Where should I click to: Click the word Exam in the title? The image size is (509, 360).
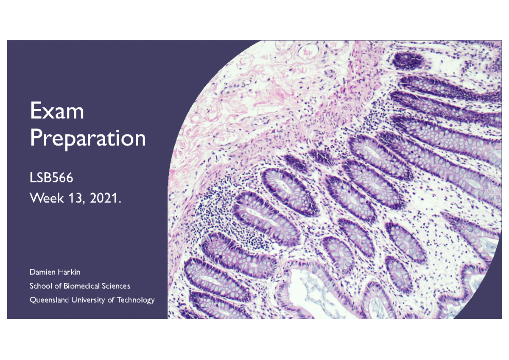pyautogui.click(x=57, y=110)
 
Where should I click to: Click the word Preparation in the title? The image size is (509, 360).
pyautogui.click(x=88, y=138)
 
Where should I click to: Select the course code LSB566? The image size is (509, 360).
pyautogui.click(x=52, y=177)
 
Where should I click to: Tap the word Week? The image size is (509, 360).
pyautogui.click(x=47, y=198)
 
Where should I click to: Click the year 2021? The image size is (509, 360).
pyautogui.click(x=103, y=198)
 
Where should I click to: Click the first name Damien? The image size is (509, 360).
pyautogui.click(x=42, y=272)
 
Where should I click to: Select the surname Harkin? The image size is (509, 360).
pyautogui.click(x=69, y=272)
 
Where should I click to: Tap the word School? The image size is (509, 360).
pyautogui.click(x=41, y=286)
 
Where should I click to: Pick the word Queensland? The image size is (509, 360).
pyautogui.click(x=49, y=300)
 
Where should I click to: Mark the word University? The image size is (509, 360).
pyautogui.click(x=88, y=300)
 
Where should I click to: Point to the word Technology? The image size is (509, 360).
pyautogui.click(x=136, y=300)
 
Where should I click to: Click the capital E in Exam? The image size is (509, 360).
pyautogui.click(x=35, y=110)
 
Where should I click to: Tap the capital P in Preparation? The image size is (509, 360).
pyautogui.click(x=36, y=138)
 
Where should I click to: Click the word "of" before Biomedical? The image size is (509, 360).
pyautogui.click(x=58, y=286)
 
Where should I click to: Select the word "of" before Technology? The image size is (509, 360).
pyautogui.click(x=111, y=300)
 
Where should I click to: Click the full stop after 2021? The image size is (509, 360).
pyautogui.click(x=120, y=202)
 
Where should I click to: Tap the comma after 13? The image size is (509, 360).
pyautogui.click(x=84, y=202)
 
